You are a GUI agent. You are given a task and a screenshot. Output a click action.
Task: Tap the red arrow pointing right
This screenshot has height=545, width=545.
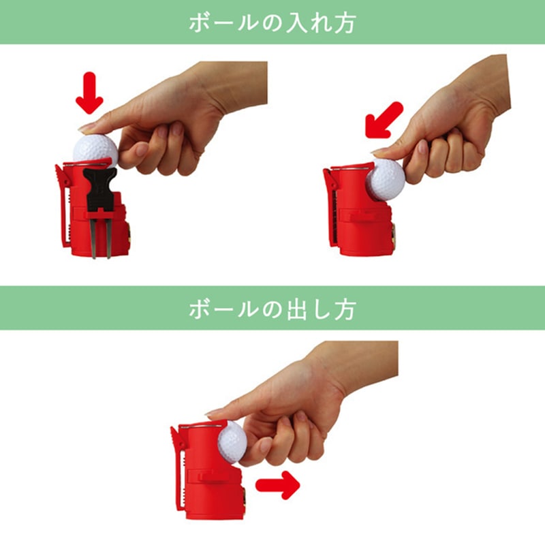[x=278, y=484]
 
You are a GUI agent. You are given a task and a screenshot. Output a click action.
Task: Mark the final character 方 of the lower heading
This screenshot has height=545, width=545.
[x=347, y=309]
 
